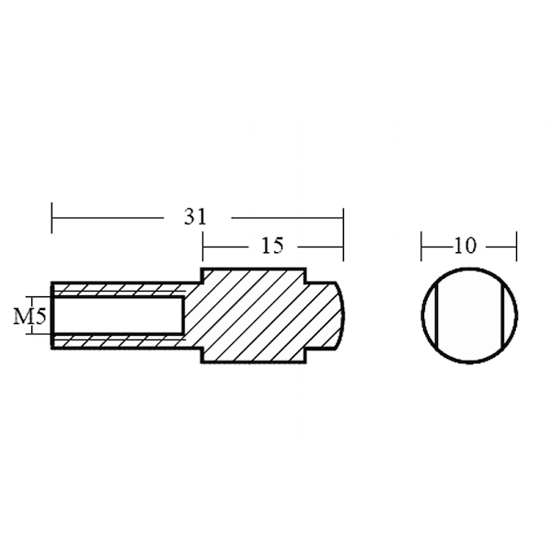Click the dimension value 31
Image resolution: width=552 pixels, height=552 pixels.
[195, 217]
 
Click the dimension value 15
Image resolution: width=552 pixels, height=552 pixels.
[272, 246]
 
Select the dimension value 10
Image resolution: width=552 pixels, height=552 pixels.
[465, 246]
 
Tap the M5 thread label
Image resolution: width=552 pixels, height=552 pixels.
[30, 316]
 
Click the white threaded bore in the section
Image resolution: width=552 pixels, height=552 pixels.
[118, 316]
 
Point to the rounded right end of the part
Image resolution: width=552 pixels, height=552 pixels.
[340, 316]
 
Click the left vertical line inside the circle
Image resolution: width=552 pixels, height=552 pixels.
[436, 316]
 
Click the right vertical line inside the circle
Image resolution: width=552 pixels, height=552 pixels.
[502, 316]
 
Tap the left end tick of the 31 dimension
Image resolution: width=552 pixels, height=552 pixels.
[52, 217]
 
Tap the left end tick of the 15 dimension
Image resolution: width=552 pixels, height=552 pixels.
[202, 247]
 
